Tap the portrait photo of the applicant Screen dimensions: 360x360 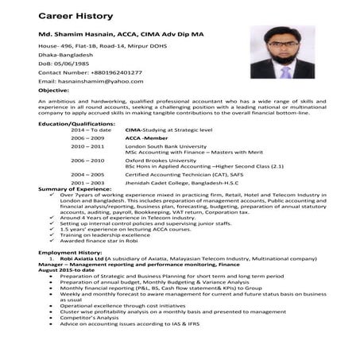[277, 55]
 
